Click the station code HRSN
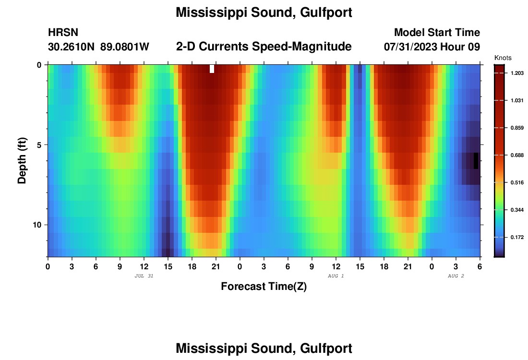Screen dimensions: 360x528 pyautogui.click(x=63, y=33)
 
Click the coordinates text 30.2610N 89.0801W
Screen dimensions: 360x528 pyautogui.click(x=98, y=47)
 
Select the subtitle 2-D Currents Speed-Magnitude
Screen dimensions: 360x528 pyautogui.click(x=264, y=47)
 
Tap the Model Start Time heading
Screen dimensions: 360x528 pyautogui.click(x=437, y=33)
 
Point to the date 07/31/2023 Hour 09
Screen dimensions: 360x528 pyautogui.click(x=432, y=47)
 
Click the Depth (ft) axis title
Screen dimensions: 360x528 pyautogui.click(x=22, y=160)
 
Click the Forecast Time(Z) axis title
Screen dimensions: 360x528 pyautogui.click(x=264, y=287)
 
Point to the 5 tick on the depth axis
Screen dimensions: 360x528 pyautogui.click(x=40, y=144)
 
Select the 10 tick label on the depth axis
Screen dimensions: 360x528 pyautogui.click(x=38, y=225)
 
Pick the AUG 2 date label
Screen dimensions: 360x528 pyautogui.click(x=456, y=276)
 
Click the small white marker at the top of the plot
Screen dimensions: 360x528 pyautogui.click(x=212, y=69)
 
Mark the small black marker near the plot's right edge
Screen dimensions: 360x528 pyautogui.click(x=476, y=160)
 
